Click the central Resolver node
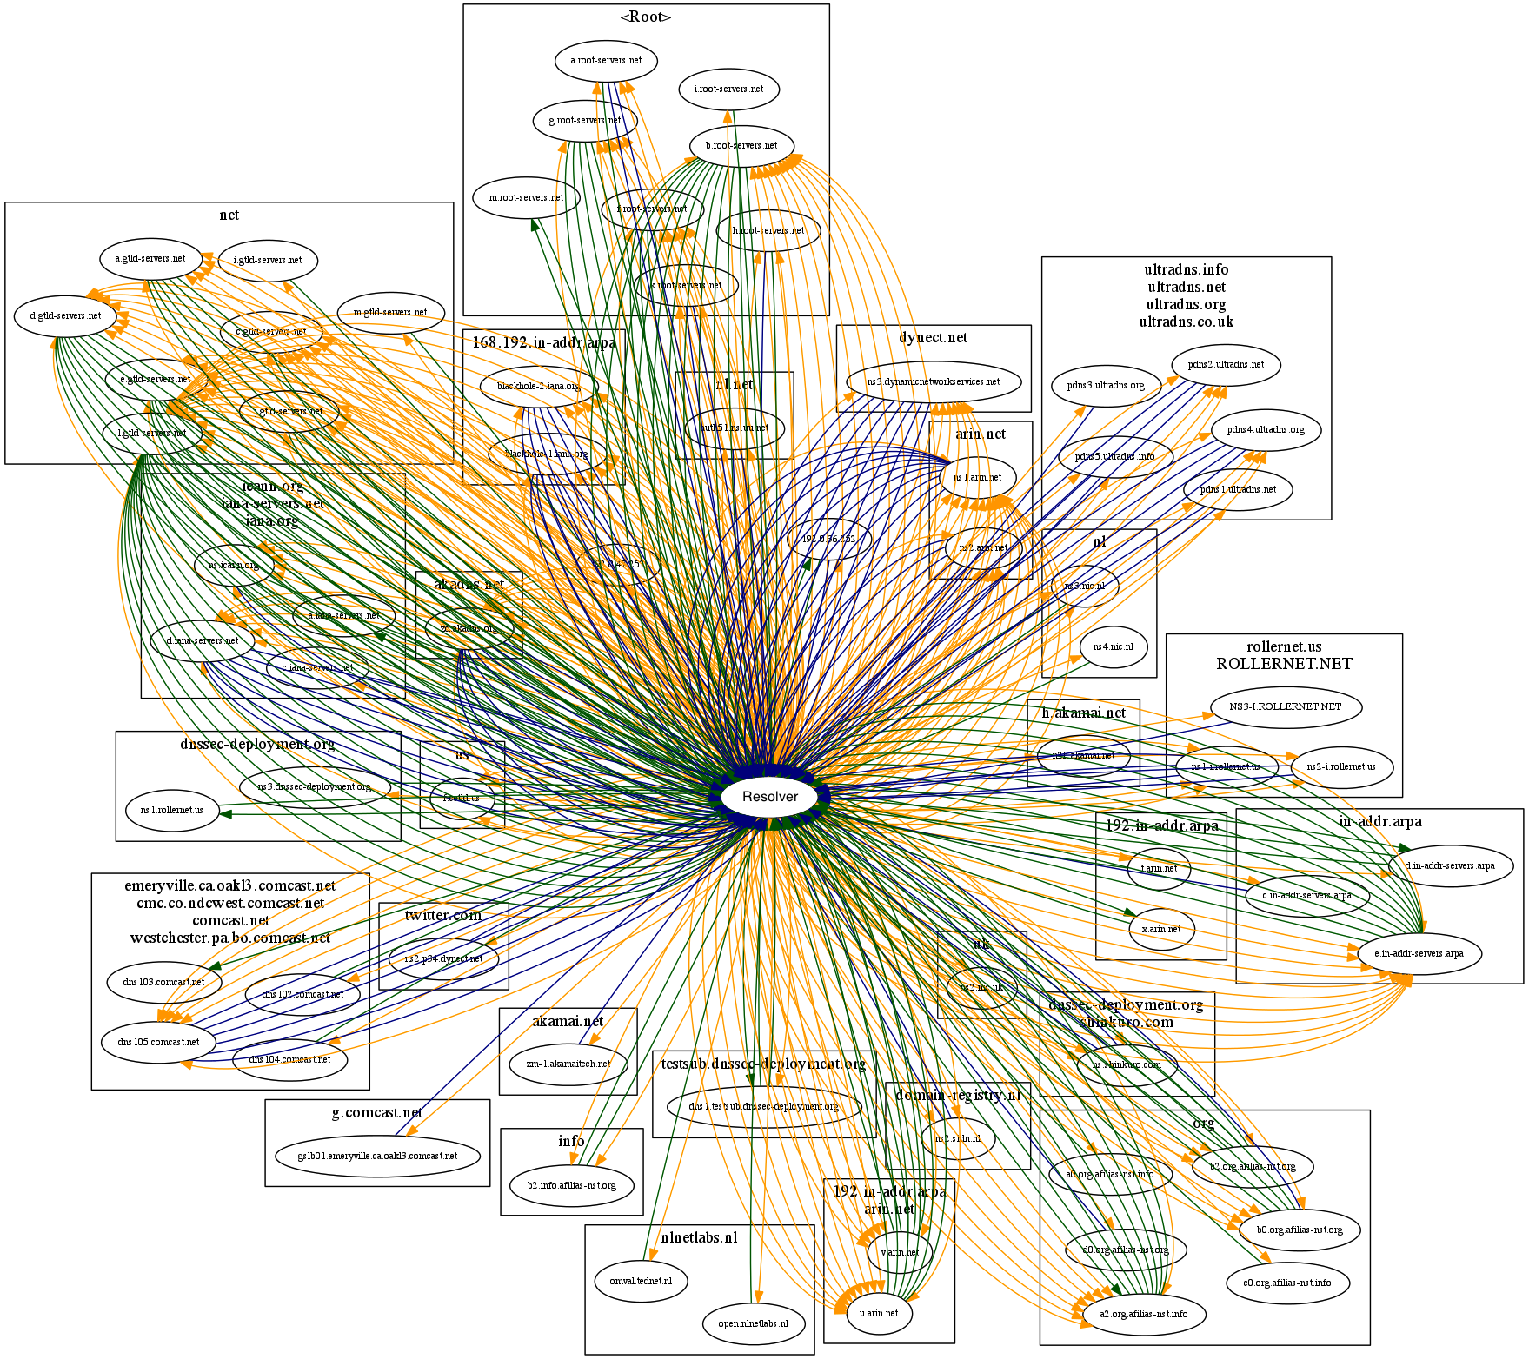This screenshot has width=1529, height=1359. (x=770, y=797)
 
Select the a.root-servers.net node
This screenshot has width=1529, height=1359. (x=606, y=61)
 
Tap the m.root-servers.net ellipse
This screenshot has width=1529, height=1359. (x=526, y=197)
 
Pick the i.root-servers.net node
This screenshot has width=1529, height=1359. (x=728, y=89)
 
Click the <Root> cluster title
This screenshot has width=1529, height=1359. (x=645, y=17)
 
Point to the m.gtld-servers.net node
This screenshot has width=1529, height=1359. (x=390, y=312)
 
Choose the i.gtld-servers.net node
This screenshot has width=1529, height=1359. (x=268, y=260)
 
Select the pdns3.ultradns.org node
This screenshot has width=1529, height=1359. (x=1105, y=385)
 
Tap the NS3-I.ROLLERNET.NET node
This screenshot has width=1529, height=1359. (x=1285, y=706)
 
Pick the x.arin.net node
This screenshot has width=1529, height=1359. (x=1161, y=929)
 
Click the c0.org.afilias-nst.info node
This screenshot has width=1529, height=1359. (x=1286, y=1283)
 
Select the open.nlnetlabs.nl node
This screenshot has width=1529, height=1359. (x=753, y=1323)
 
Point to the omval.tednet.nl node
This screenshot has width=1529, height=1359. (x=641, y=1281)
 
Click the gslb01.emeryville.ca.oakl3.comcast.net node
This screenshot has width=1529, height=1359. (x=377, y=1156)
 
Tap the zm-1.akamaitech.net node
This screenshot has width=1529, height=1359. (x=568, y=1064)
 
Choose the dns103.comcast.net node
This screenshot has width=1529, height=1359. (x=163, y=982)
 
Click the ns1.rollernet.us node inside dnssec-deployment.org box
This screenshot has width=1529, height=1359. (x=172, y=810)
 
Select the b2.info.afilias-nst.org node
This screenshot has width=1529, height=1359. (x=571, y=1185)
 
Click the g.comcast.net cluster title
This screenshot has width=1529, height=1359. (x=377, y=1113)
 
